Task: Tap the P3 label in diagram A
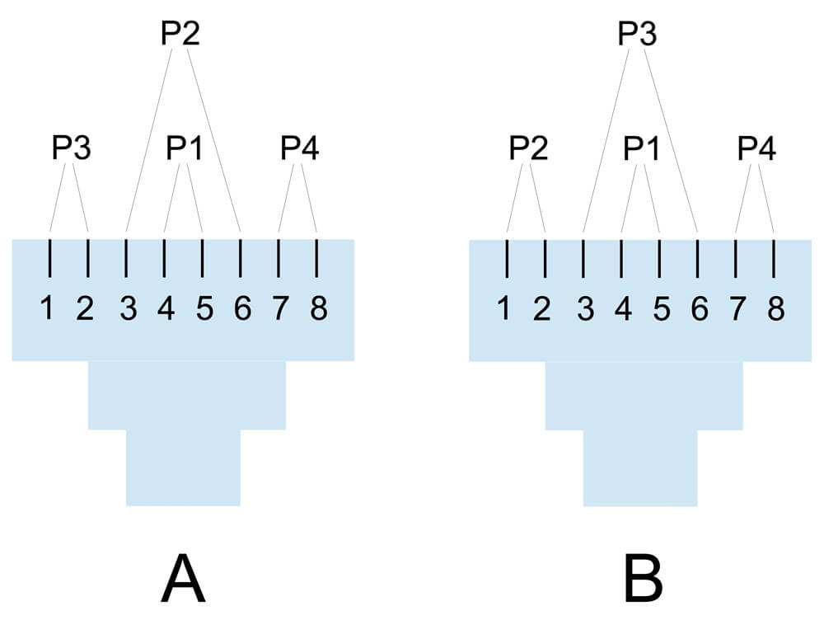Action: (x=72, y=148)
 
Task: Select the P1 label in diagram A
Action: (x=185, y=148)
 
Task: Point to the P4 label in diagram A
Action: (x=300, y=148)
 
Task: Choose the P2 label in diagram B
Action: (x=529, y=148)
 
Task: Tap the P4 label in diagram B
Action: (x=756, y=148)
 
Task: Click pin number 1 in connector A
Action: (x=47, y=308)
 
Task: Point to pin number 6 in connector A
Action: (x=242, y=308)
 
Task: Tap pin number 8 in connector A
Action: (x=319, y=308)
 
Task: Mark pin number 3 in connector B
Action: (x=585, y=308)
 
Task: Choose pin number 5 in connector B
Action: (x=662, y=308)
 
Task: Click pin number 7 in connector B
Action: (x=737, y=308)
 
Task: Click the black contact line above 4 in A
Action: (x=165, y=258)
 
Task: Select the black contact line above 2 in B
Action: (x=545, y=258)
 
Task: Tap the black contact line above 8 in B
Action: (x=774, y=258)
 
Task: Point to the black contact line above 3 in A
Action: (x=125, y=258)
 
